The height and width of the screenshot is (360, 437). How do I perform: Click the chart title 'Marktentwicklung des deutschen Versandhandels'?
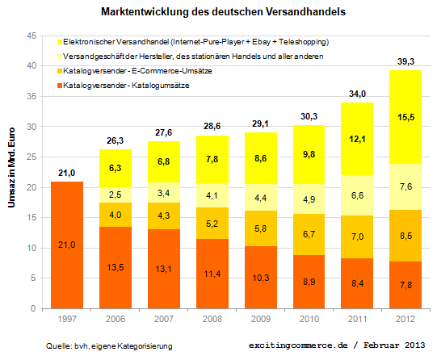point(218,14)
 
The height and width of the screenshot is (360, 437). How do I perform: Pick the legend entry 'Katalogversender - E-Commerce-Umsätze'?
point(133,71)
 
